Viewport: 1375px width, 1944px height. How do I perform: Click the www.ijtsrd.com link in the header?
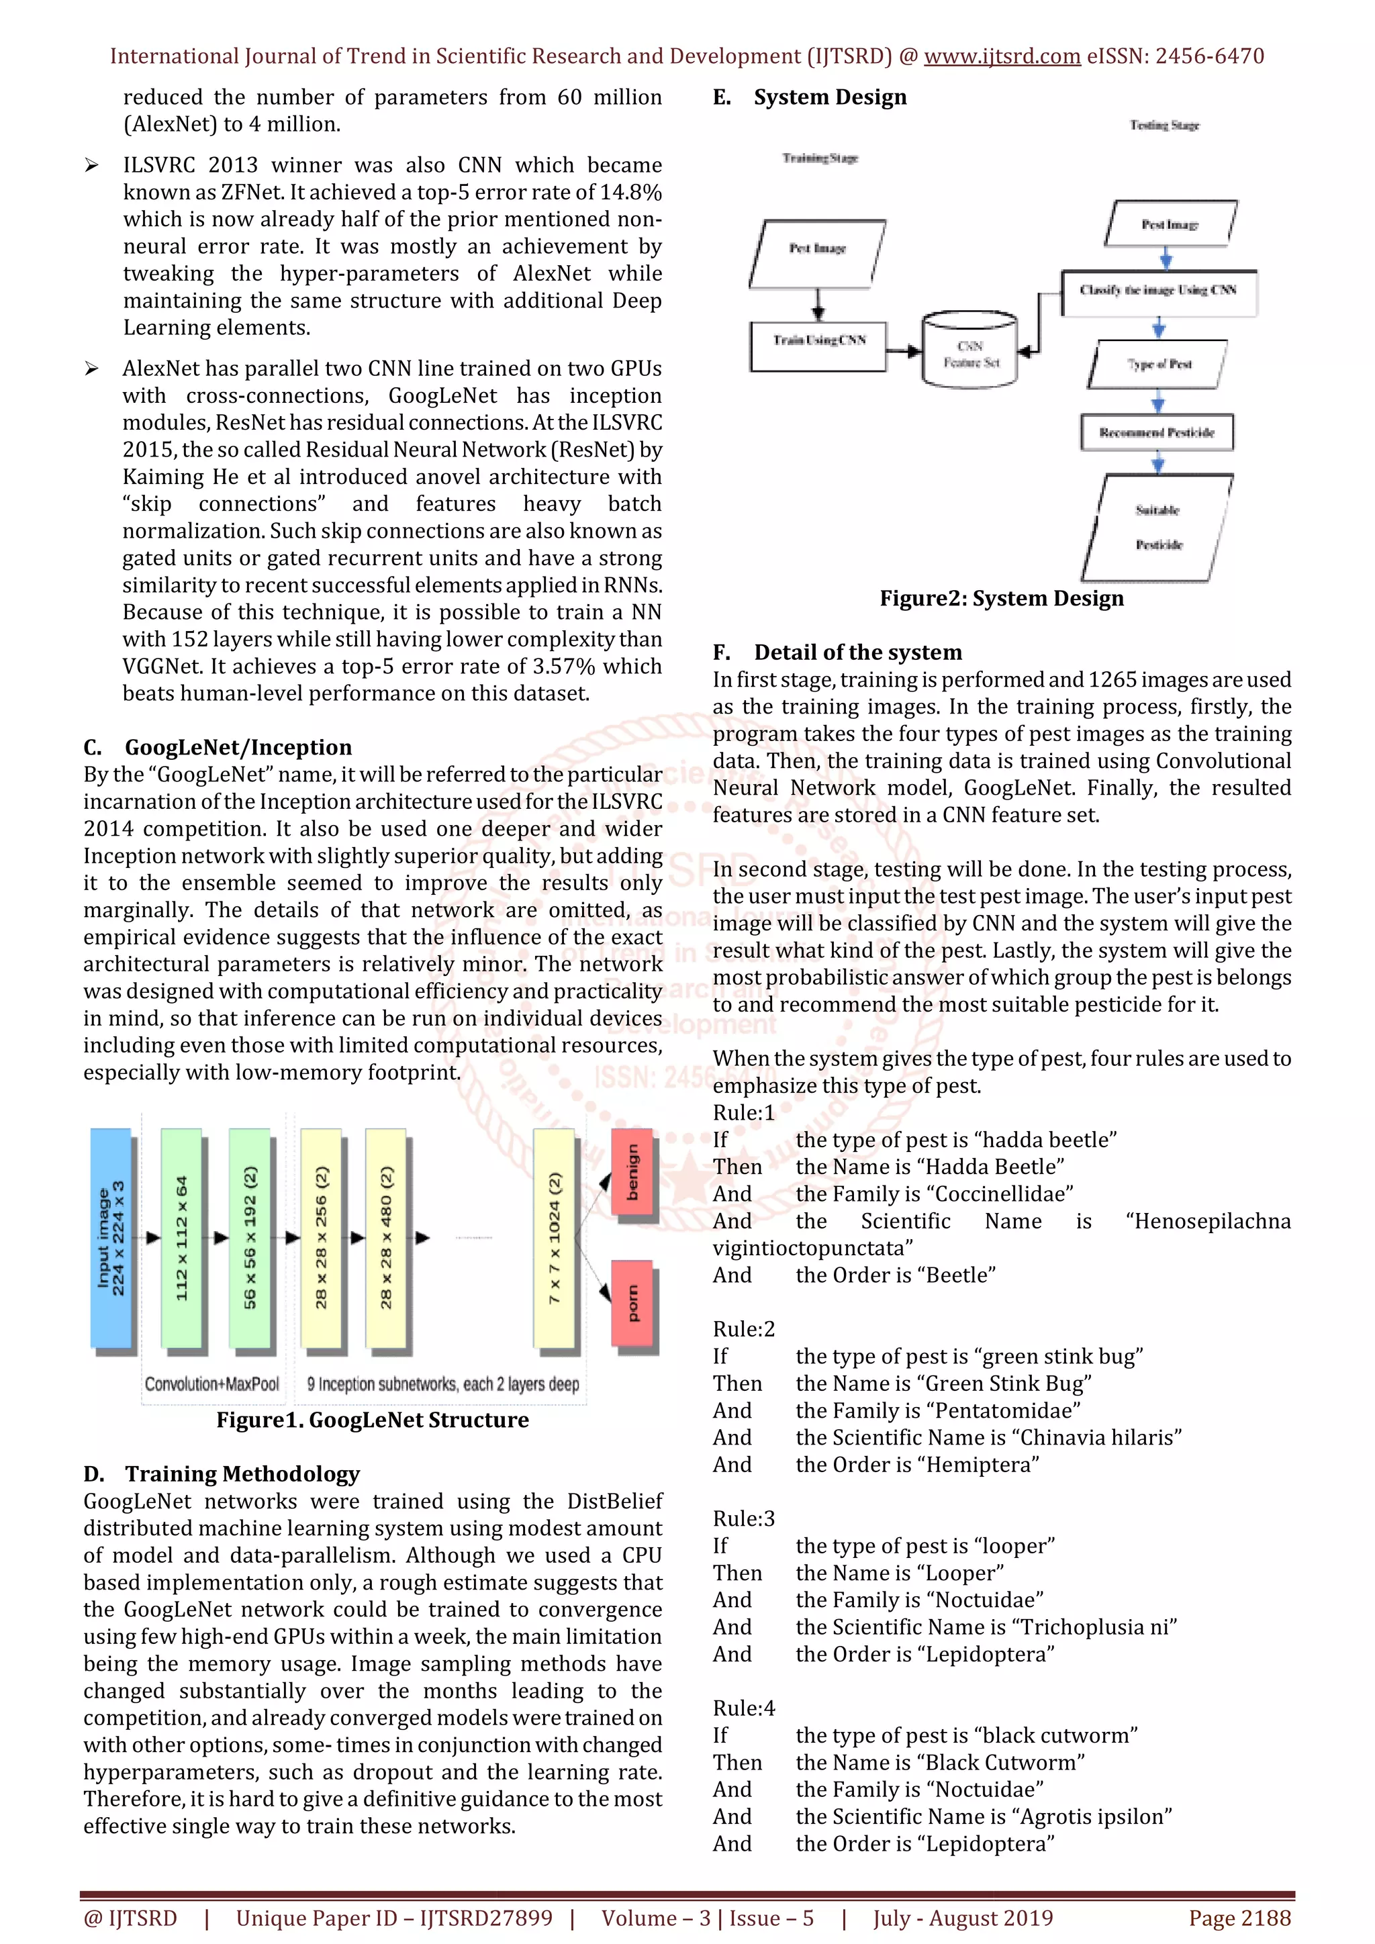click(x=1002, y=57)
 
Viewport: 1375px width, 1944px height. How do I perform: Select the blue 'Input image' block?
click(x=111, y=1237)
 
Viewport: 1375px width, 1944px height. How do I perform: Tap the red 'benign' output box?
click(x=632, y=1172)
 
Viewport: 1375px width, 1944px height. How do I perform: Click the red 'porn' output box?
click(x=632, y=1303)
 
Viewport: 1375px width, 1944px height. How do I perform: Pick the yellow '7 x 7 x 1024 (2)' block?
click(x=555, y=1237)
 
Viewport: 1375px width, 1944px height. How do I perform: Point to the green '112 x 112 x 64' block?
click(x=181, y=1237)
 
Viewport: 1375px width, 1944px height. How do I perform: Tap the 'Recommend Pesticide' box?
click(x=1157, y=433)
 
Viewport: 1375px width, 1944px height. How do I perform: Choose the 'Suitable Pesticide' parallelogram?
click(x=1157, y=527)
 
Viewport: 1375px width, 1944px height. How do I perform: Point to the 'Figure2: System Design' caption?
click(x=1002, y=599)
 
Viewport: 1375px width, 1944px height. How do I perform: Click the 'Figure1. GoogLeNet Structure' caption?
click(x=373, y=1420)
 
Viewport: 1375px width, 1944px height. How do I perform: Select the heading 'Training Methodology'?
click(x=242, y=1474)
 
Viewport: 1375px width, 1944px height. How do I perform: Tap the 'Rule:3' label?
click(x=743, y=1518)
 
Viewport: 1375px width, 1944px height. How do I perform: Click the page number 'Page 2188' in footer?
click(x=1239, y=1918)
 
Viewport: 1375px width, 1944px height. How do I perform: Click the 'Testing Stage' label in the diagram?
click(x=1164, y=126)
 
